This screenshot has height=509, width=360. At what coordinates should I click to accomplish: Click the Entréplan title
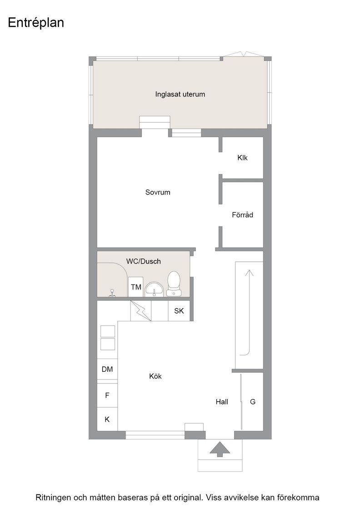pos(36,23)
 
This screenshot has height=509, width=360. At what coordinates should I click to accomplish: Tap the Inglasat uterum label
pos(180,95)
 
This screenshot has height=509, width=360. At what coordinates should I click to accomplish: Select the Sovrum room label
pos(158,192)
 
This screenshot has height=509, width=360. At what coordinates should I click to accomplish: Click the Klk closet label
pos(242,158)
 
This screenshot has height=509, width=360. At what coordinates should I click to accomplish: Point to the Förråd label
pos(242,215)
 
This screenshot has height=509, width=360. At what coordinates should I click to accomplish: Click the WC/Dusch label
pos(144,261)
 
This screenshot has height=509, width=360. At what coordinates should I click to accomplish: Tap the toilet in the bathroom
pos(174,284)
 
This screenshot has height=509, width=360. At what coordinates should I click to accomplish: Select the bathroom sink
pos(155,289)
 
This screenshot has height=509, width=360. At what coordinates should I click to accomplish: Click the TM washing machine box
pos(136,287)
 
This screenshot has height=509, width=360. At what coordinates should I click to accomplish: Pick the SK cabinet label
pos(179,311)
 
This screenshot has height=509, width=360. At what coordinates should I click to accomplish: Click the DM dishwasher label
pos(107,369)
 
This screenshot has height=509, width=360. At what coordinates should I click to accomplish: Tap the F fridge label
pos(107,395)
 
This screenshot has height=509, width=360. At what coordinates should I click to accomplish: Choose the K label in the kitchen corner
pos(107,419)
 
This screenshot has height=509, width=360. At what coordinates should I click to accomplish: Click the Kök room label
pos(155,376)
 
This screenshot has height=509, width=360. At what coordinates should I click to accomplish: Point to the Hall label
pos(222,402)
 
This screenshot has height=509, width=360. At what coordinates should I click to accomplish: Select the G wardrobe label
pos(253,402)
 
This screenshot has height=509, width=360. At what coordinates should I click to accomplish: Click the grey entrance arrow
pos(220,449)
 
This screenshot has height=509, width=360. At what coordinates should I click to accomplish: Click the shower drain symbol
pos(112,293)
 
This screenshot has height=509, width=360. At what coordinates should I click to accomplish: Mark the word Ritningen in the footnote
pos(53,498)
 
